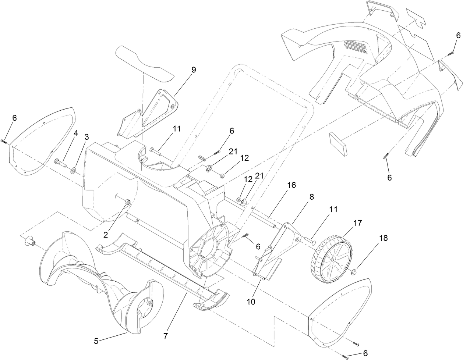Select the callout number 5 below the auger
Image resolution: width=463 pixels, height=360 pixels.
coord(96,341)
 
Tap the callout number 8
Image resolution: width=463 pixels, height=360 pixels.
coord(312,197)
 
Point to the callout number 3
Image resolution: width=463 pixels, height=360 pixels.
coord(87,137)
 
